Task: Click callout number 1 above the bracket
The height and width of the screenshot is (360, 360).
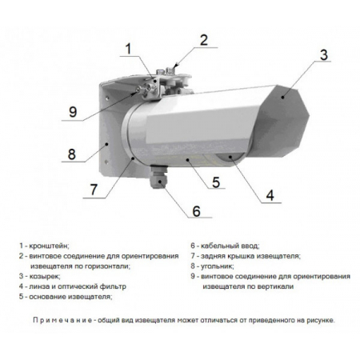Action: [128, 49]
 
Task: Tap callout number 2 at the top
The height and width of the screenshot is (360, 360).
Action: [204, 40]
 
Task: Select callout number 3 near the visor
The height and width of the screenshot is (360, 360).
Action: [323, 54]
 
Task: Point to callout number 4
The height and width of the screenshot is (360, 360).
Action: [270, 195]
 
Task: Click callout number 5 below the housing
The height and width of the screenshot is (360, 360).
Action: [216, 182]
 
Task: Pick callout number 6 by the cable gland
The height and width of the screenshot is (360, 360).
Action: [197, 211]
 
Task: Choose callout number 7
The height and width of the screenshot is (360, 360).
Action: [94, 190]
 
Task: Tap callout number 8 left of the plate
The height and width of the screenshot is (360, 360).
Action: [71, 154]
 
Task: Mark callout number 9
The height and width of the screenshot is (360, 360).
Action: [73, 112]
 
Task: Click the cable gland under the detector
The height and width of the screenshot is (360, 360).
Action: [158, 177]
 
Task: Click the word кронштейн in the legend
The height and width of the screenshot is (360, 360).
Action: [48, 246]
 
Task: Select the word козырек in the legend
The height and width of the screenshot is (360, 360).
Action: [44, 276]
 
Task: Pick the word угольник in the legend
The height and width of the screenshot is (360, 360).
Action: [217, 266]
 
